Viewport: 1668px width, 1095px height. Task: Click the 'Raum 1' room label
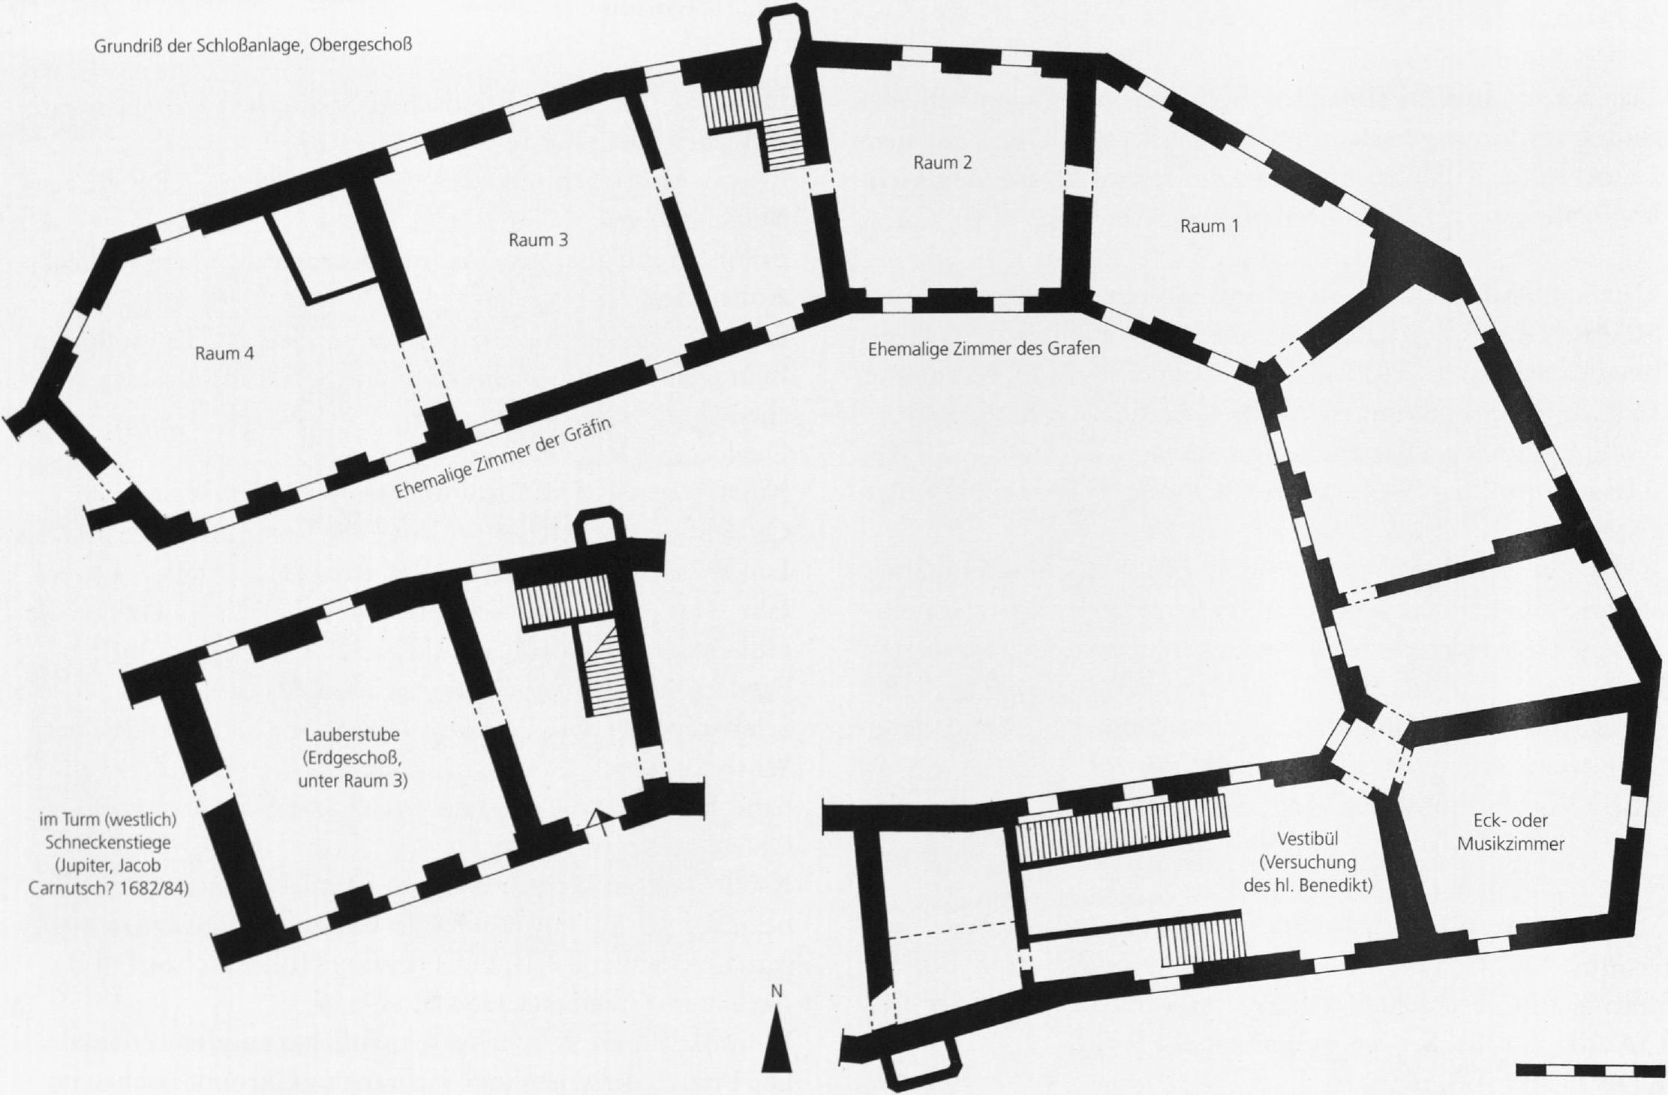click(1209, 226)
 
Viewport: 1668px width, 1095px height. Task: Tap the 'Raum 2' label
click(942, 163)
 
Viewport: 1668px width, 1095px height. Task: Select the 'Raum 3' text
click(538, 240)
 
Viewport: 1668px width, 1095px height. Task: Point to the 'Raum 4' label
click(224, 353)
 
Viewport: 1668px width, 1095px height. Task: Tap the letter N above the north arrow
click(777, 991)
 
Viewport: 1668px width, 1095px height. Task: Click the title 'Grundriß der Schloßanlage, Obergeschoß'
click(254, 46)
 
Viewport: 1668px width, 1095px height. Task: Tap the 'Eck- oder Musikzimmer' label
click(1510, 832)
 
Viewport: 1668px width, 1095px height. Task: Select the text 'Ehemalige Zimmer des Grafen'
click(984, 349)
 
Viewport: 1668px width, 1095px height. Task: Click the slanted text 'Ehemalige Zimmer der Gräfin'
click(503, 458)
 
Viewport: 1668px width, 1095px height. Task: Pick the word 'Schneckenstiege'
click(108, 842)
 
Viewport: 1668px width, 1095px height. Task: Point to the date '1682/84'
click(158, 889)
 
